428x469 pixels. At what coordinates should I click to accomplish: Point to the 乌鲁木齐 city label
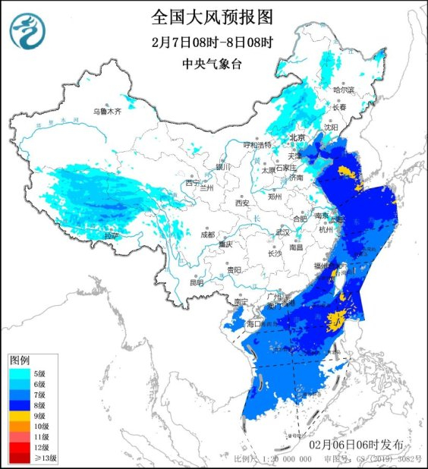point(107,112)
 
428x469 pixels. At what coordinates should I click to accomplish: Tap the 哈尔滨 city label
point(345,90)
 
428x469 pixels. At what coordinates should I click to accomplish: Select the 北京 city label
point(297,137)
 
